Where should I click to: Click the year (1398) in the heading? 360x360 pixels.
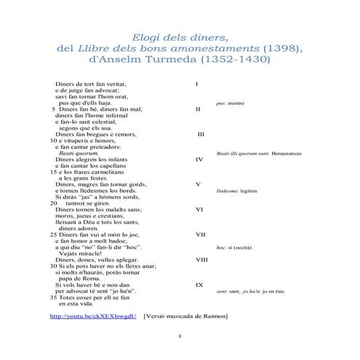(x=274, y=48)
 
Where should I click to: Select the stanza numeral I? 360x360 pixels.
(x=198, y=84)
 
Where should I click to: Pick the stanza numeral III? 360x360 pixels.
(x=201, y=135)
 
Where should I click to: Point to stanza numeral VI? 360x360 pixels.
(x=199, y=209)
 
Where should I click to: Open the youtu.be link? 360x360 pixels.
(x=92, y=316)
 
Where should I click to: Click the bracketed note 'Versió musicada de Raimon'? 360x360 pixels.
(x=186, y=316)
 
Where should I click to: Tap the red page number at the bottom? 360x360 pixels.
(x=180, y=336)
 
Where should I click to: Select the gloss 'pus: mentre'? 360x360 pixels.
(x=231, y=103)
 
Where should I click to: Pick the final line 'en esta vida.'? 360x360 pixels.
(x=78, y=304)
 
